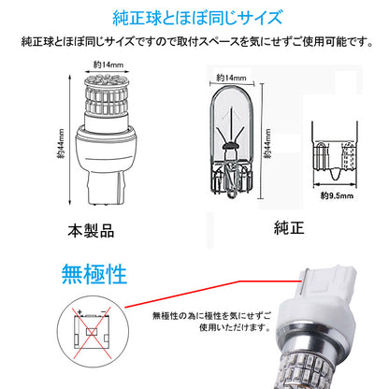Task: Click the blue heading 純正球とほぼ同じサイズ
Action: [x=194, y=18]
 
